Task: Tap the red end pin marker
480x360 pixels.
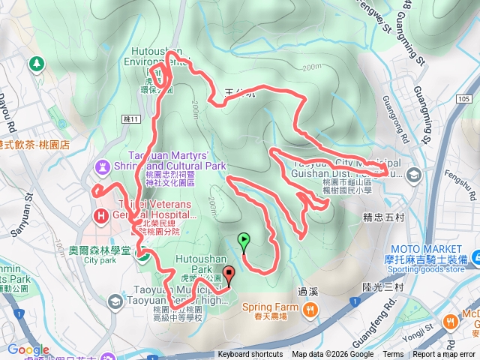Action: [229, 276]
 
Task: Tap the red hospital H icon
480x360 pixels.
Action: [100, 216]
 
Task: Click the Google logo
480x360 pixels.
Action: [28, 349]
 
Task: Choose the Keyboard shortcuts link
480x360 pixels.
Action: [250, 355]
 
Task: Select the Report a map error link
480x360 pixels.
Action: [445, 355]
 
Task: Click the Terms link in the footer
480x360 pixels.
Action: [393, 355]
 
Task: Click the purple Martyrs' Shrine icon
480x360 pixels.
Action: [101, 165]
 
